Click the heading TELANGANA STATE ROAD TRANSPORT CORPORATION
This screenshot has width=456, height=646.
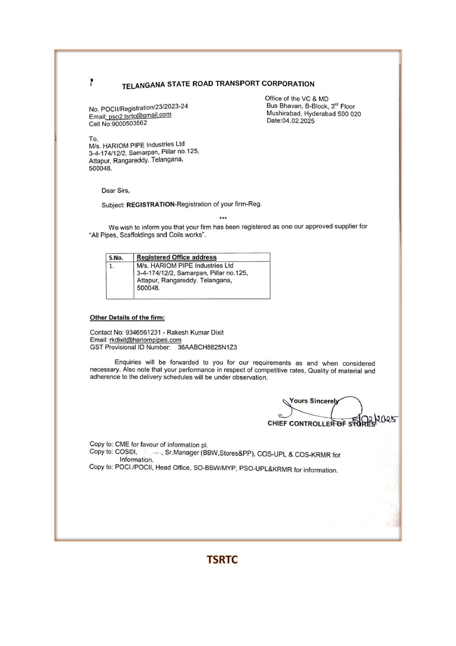coord(218,84)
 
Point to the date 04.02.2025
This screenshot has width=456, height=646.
coord(298,121)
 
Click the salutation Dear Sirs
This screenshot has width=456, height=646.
coord(115,191)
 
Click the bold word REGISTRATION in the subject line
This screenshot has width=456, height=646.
coord(150,205)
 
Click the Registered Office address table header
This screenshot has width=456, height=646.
coord(177,257)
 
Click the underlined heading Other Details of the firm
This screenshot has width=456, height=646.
coord(127,318)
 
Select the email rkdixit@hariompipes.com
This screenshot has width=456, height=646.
coord(145,340)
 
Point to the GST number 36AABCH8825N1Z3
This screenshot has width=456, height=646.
coord(207,347)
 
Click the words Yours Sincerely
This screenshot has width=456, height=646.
coord(313,401)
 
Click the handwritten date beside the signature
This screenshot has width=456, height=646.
coord(375,420)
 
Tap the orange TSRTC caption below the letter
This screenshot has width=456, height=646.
coord(222,560)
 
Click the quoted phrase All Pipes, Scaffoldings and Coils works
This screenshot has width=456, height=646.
coord(147,235)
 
